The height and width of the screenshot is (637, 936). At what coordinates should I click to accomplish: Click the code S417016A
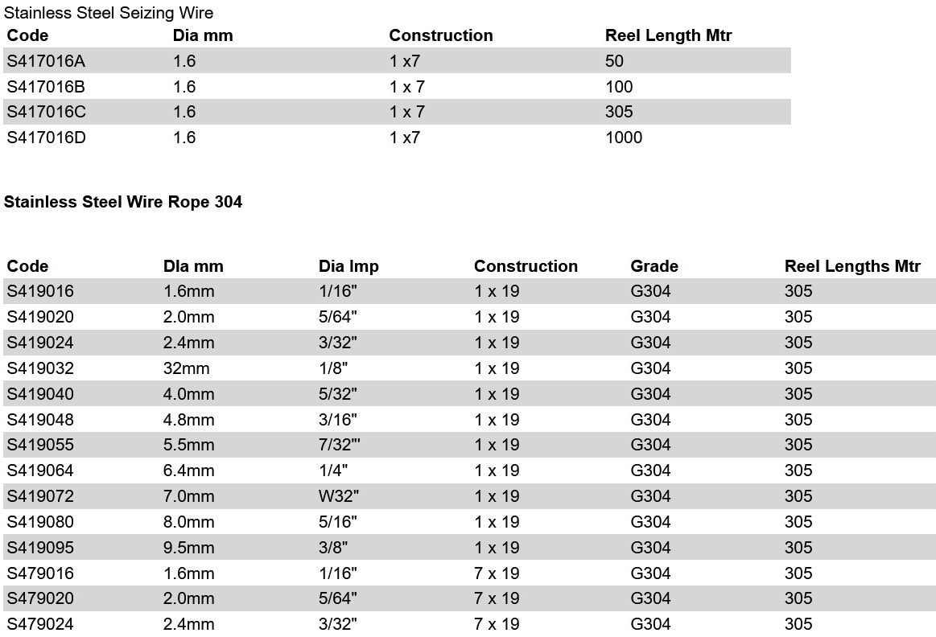45,61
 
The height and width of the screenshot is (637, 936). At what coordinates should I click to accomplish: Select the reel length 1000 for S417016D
624,138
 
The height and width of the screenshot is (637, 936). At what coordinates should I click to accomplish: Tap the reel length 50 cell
614,61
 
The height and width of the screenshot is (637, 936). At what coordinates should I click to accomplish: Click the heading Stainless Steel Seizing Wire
109,13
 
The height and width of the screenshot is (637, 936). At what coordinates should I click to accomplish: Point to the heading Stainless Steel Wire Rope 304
123,202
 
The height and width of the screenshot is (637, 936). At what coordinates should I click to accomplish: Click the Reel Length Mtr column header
668,35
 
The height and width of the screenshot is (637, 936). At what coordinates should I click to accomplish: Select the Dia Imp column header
348,266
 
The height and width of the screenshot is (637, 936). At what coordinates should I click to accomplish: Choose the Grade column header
654,266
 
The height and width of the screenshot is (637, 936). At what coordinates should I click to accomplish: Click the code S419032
40,368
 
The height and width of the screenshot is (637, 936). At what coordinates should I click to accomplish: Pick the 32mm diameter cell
186,368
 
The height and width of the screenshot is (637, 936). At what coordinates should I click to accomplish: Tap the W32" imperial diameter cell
339,496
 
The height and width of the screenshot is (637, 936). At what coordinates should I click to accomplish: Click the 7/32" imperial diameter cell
340,445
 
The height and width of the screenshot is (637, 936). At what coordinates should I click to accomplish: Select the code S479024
40,624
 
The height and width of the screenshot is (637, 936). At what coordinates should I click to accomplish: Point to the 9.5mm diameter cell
189,548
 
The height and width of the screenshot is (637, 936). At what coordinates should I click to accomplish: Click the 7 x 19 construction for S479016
497,573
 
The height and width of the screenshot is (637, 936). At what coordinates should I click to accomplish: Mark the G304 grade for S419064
650,471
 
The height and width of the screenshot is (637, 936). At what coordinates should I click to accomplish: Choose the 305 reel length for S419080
798,522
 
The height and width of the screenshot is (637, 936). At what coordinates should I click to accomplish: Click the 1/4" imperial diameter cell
335,471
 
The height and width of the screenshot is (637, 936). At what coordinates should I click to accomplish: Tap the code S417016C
46,112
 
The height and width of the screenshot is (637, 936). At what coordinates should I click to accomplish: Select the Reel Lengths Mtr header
852,266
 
